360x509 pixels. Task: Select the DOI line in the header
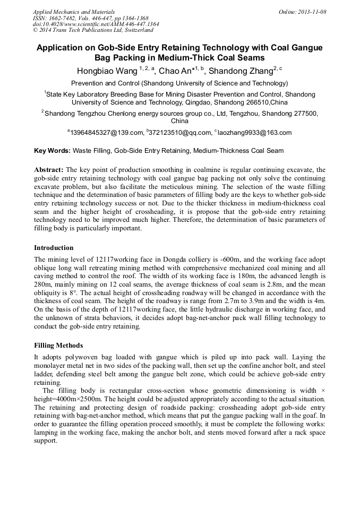(x=96, y=24)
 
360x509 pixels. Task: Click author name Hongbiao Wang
(x=107, y=71)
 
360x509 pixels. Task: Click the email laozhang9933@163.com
(x=254, y=133)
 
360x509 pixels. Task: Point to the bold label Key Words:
(x=52, y=151)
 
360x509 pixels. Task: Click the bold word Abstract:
(x=49, y=169)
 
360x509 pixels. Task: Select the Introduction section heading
(x=54, y=248)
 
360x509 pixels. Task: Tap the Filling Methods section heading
(x=58, y=346)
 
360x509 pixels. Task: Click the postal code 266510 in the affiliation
(x=255, y=102)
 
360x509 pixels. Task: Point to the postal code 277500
(x=304, y=113)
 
